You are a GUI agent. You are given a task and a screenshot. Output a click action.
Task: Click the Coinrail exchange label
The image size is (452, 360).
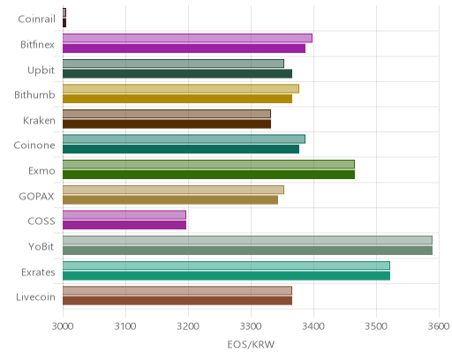pos(36,19)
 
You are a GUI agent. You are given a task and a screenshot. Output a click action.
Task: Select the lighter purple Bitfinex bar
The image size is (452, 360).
pos(187,38)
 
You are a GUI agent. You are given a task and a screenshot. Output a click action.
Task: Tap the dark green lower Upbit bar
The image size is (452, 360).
pos(177,74)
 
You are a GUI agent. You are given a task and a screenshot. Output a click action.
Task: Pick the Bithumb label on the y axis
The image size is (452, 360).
pos(34,95)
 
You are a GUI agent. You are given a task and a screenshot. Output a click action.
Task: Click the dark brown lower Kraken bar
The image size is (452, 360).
pos(167,124)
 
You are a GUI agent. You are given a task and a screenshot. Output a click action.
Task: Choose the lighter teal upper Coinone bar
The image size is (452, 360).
pos(184,139)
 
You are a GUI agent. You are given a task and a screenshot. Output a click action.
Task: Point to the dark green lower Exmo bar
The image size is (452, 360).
pos(208,175)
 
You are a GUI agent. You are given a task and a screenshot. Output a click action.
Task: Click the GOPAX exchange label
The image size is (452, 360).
pos(37,197)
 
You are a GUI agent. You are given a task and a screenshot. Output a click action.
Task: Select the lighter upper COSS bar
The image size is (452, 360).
pos(124,215)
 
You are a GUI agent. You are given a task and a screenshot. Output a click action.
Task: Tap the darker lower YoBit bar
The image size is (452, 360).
pos(247,251)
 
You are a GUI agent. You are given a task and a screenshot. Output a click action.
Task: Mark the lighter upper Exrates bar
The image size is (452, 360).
pos(226,266)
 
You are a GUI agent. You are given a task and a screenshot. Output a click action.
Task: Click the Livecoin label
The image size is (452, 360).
pos(35,297)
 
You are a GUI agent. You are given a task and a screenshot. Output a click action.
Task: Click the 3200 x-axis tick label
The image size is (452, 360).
pos(188,326)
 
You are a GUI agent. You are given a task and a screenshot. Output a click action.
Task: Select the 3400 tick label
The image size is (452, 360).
pos(313,326)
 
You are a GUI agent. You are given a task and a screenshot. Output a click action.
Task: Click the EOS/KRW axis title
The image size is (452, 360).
pos(251,344)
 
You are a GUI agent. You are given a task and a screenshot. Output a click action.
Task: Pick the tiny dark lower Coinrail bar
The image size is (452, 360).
pos(64,23)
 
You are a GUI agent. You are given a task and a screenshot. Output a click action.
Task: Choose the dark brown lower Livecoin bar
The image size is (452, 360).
pos(177,301)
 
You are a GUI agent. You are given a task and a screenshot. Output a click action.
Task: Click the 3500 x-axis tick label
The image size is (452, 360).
pos(376,326)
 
